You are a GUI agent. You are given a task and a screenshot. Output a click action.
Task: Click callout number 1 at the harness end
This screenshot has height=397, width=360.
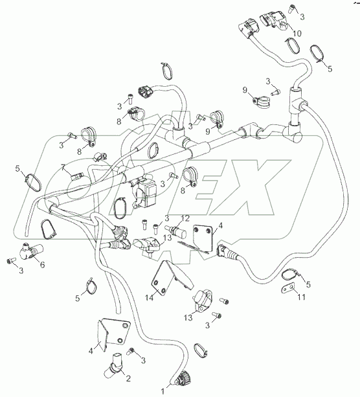(163, 391)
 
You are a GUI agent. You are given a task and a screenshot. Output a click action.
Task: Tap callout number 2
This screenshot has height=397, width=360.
(128, 378)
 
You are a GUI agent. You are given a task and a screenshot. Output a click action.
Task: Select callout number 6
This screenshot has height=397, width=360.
(42, 265)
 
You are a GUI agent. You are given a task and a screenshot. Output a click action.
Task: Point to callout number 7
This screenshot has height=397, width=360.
(63, 167)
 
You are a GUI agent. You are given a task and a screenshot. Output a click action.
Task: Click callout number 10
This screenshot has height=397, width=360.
(297, 34)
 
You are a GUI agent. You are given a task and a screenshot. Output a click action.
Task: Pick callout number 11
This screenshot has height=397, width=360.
(301, 297)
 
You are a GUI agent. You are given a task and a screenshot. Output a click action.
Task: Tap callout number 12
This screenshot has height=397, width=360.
(185, 218)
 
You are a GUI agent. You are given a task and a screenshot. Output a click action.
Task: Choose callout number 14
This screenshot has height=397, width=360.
(149, 298)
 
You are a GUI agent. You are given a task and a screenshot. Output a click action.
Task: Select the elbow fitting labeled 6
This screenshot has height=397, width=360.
(31, 251)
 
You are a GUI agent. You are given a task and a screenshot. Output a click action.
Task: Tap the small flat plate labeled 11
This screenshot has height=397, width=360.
(288, 289)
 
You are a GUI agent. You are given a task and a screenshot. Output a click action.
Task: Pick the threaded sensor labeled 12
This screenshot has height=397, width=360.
(175, 231)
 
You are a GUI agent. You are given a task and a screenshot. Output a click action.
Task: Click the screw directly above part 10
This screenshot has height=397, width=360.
(292, 8)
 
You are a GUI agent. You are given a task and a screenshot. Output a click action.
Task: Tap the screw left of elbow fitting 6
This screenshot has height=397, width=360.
(11, 260)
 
